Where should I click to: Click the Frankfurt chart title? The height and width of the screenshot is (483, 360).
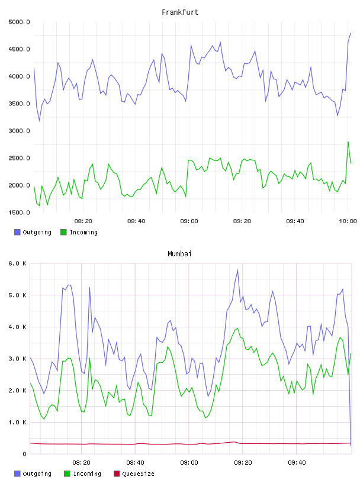(x=180, y=12)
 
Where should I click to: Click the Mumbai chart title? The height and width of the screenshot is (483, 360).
(x=179, y=254)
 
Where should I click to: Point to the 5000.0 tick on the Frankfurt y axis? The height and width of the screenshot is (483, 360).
(x=19, y=22)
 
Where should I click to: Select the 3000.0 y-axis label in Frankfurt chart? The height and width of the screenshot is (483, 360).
(x=19, y=131)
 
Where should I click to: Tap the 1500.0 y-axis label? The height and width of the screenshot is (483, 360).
(x=19, y=212)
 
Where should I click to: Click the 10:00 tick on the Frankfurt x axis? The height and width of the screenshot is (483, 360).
(x=348, y=221)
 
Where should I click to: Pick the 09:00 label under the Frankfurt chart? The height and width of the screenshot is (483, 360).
(x=189, y=221)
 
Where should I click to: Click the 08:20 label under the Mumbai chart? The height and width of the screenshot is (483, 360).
(x=81, y=463)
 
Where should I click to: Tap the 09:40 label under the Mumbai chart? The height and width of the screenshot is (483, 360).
(x=297, y=463)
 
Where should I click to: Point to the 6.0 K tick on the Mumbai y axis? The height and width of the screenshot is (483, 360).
(x=17, y=263)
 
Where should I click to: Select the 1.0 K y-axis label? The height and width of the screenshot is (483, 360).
(x=17, y=422)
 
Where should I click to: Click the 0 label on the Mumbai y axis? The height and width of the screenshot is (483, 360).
(x=24, y=454)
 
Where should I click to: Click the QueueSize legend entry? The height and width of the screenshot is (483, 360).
(x=134, y=474)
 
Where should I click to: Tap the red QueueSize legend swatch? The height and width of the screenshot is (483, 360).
(x=117, y=474)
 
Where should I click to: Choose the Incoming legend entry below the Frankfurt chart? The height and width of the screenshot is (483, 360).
(x=79, y=232)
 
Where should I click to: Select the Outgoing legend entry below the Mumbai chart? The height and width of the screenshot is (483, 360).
(x=33, y=474)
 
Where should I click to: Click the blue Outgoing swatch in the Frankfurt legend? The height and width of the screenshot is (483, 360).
(x=17, y=232)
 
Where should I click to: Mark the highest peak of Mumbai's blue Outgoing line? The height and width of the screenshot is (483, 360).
(x=237, y=270)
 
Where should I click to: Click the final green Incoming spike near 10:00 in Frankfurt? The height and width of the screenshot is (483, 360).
(x=348, y=142)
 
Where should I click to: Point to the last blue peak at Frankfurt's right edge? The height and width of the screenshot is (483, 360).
(x=351, y=33)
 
